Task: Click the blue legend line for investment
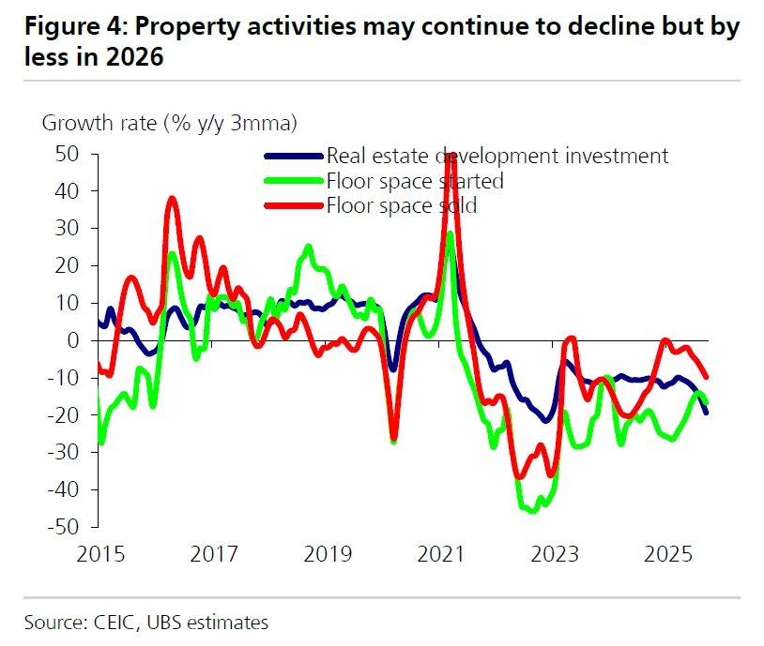point(294,157)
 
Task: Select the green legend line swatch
point(294,181)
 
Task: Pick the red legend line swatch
point(294,205)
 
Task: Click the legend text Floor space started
point(415,181)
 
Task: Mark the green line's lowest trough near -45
point(532,511)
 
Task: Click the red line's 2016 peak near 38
point(171,199)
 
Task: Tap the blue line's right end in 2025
point(706,412)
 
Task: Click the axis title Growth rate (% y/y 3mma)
point(169,123)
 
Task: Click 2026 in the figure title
point(139,58)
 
